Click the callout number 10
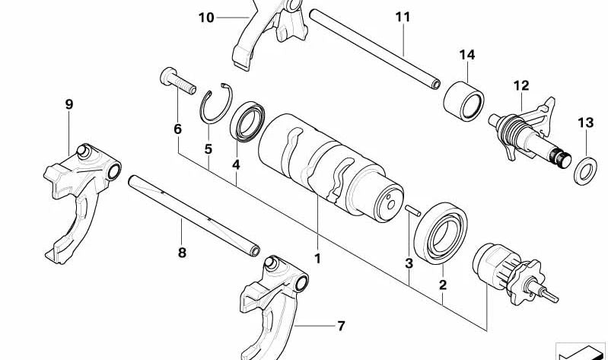[206, 18]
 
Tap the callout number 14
[467, 55]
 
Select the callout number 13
[585, 123]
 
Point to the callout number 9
[69, 104]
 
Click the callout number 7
[341, 326]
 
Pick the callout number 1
[317, 258]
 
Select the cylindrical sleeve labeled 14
[463, 101]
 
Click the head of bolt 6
[168, 76]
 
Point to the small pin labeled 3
[412, 210]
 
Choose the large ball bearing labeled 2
[441, 233]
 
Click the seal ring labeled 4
[247, 122]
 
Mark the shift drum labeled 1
[331, 167]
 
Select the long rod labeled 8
[194, 215]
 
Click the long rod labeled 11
[374, 49]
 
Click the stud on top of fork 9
[83, 151]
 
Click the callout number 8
[182, 253]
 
